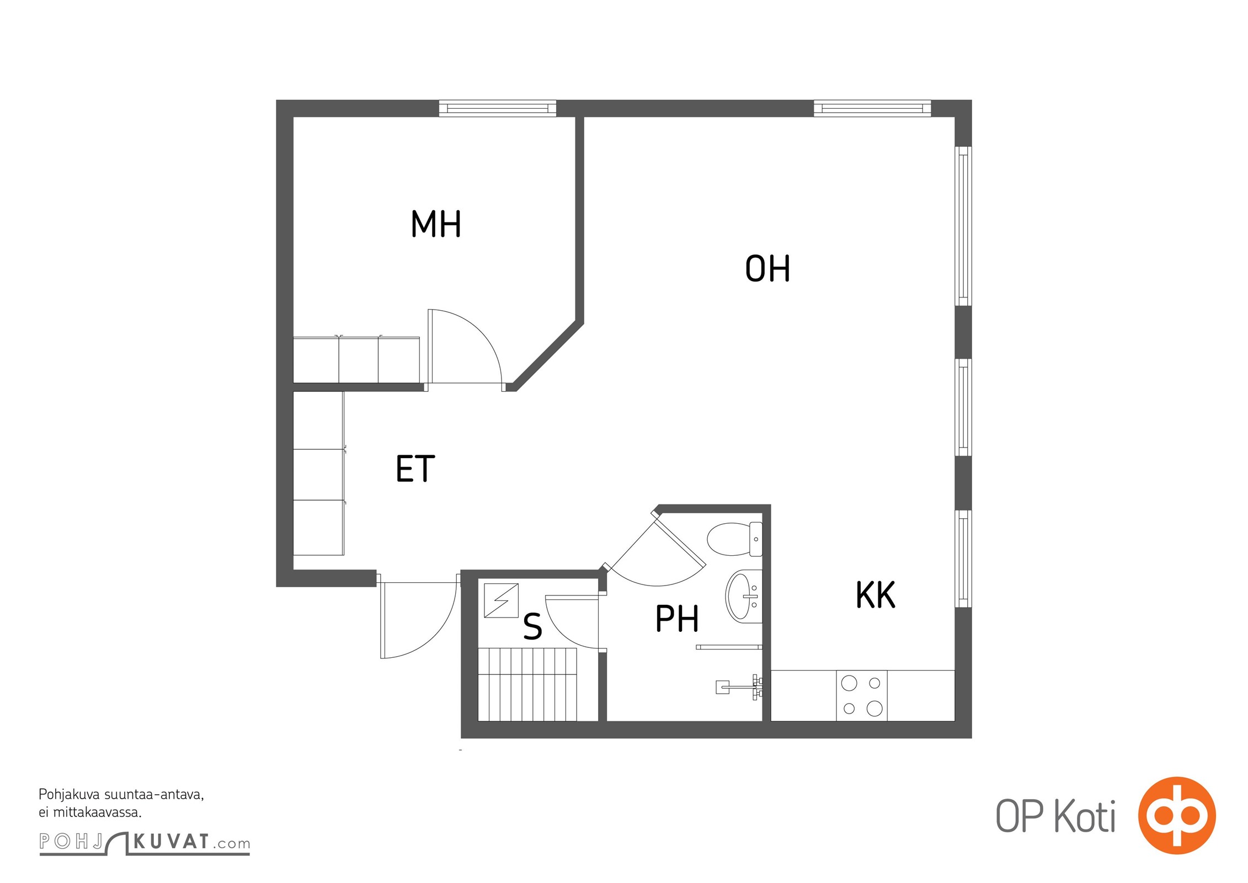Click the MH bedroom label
point(436,224)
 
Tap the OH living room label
point(767,269)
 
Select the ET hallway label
point(415,469)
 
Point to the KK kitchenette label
point(876,594)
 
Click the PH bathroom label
point(677,618)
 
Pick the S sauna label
point(532,626)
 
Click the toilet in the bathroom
point(734,539)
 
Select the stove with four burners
point(861,695)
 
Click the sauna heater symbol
point(501,600)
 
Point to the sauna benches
point(527,684)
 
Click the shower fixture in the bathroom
point(739,687)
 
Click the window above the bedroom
point(498,108)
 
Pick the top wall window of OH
point(872,108)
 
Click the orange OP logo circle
point(1177,815)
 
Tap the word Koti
point(1085,816)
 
